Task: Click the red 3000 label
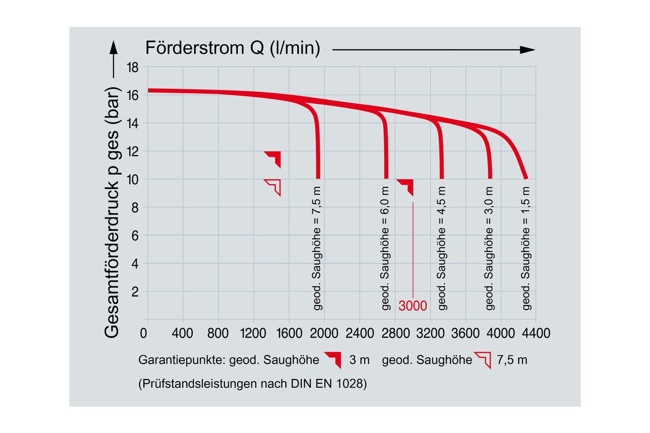pos(412,306)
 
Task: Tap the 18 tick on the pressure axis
pos(132,68)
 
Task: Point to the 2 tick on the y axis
pos(135,292)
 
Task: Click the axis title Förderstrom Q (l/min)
pos(233,48)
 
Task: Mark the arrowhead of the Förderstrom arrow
pos(528,50)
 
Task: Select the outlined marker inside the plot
pos(273,187)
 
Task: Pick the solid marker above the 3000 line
pos(407,187)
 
